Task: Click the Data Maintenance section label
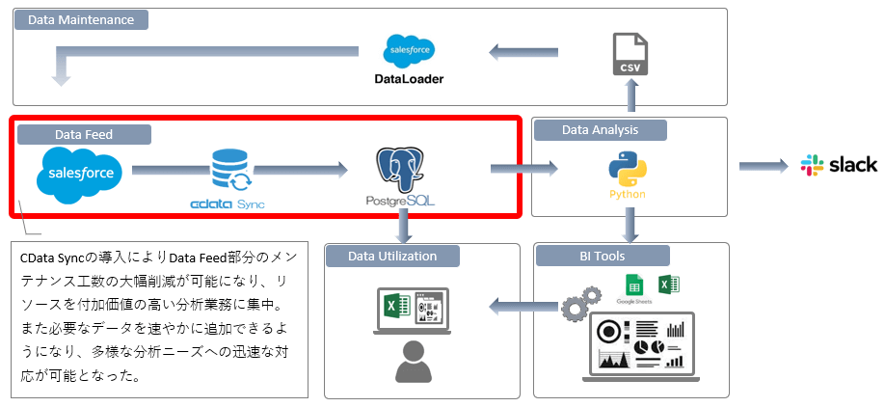point(82,19)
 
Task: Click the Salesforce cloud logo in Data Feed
point(80,174)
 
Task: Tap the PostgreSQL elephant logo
point(401,170)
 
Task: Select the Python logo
point(627,169)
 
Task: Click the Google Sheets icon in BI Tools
point(633,285)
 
